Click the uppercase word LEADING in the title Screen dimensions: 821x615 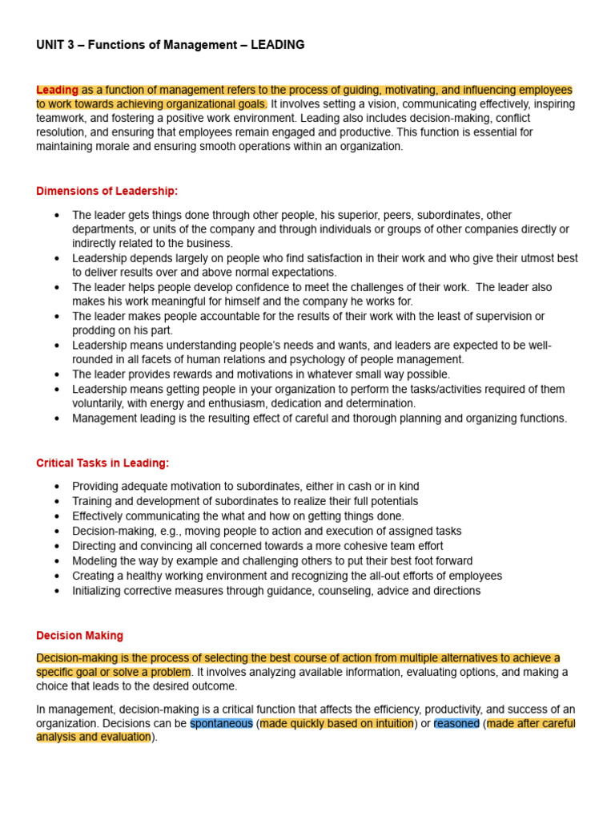277,45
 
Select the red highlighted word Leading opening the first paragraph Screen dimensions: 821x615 57,90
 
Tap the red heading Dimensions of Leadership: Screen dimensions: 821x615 107,191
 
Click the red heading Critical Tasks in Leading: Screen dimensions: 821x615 102,463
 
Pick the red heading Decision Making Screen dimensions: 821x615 79,635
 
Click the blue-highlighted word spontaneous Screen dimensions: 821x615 221,723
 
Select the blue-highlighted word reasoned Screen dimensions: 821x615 456,723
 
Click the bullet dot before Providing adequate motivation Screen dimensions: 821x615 56,487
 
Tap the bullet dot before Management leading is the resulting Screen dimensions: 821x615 56,419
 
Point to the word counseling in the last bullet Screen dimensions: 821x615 351,590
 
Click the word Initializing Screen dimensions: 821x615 100,590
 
